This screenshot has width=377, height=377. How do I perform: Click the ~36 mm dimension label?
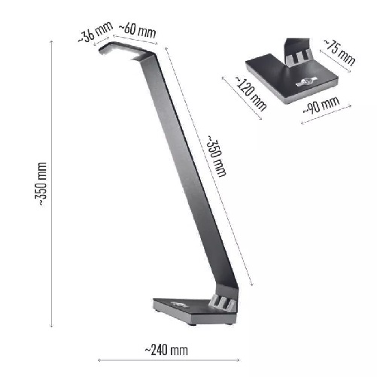(x=96, y=32)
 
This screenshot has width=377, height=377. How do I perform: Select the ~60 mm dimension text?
(x=137, y=31)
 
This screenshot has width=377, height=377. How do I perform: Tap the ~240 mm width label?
(x=166, y=350)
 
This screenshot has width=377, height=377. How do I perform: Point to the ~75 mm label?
(x=339, y=52)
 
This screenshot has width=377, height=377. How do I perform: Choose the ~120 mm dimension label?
(x=251, y=93)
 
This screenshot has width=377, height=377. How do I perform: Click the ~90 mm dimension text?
(x=321, y=105)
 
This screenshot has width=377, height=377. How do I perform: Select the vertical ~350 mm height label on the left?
(x=41, y=184)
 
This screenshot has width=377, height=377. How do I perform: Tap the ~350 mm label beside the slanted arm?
(x=216, y=156)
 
